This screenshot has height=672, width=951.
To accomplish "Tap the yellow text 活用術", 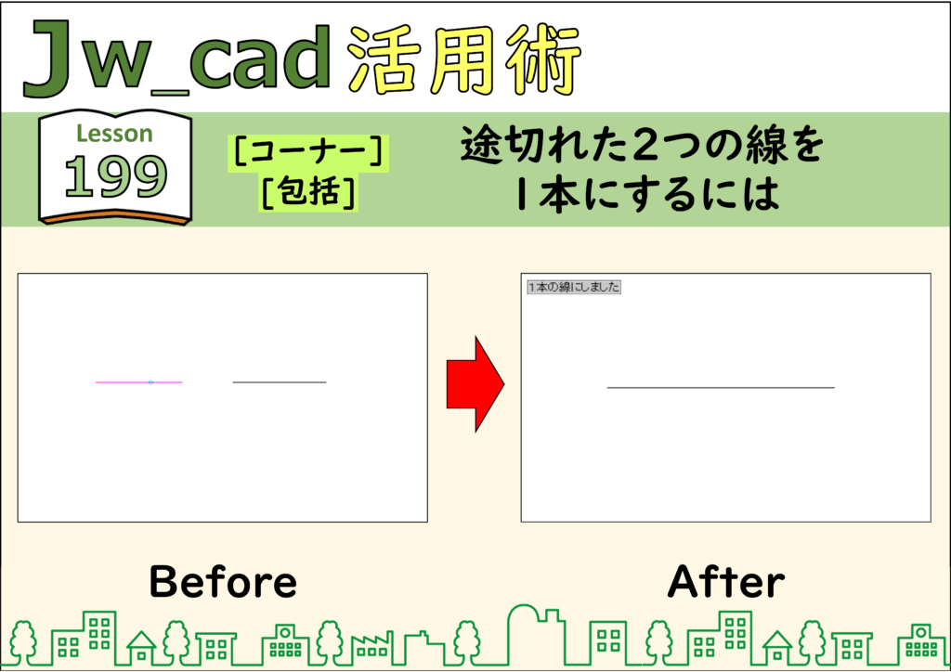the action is tap(464, 60).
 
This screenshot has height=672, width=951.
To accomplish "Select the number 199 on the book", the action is tap(115, 176).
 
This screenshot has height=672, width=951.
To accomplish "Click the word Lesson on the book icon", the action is tap(114, 134).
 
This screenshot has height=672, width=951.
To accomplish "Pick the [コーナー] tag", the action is tap(308, 151).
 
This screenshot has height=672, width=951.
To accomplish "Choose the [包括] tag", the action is tap(308, 192).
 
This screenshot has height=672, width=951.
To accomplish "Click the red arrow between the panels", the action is tap(475, 383).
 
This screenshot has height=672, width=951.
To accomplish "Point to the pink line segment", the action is tap(139, 382).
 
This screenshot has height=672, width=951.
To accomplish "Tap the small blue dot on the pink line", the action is tap(151, 382).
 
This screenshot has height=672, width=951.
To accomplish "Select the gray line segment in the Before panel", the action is tap(280, 382).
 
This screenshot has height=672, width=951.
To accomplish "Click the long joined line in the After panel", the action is tap(721, 387).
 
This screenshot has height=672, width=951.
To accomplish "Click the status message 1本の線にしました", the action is tap(574, 287).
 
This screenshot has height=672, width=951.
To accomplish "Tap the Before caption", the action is tap(223, 581).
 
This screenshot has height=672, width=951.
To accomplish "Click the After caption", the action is tap(726, 581).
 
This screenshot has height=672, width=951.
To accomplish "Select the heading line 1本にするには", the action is tap(647, 195).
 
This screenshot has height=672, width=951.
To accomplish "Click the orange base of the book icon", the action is tap(115, 216).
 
